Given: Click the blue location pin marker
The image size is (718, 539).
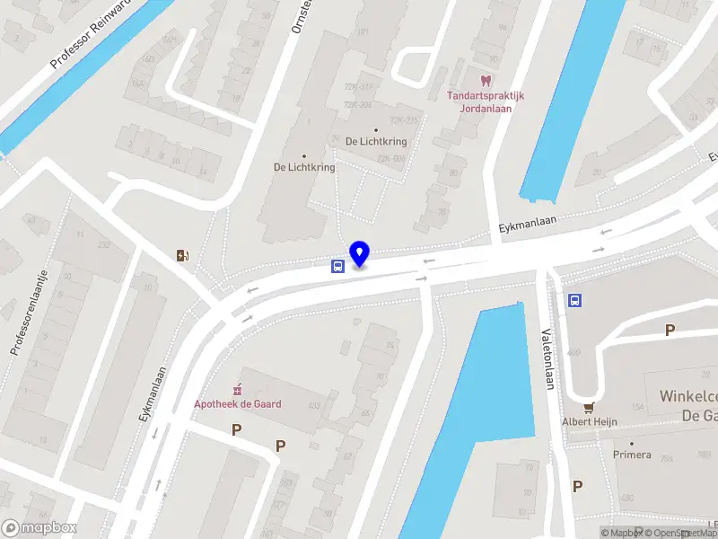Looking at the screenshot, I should (x=360, y=254).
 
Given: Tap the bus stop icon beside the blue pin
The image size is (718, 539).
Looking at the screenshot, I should (x=337, y=266).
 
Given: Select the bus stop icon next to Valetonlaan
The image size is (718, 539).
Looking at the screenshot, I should (x=574, y=301).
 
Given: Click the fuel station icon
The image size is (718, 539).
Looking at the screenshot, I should (x=183, y=255).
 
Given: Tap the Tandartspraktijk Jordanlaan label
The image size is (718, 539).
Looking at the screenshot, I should (x=486, y=102).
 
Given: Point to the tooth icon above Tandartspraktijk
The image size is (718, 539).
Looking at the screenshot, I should (x=486, y=80).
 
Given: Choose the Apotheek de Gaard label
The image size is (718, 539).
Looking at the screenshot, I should (x=238, y=404).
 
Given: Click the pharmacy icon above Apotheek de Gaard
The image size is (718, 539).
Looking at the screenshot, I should (x=238, y=389).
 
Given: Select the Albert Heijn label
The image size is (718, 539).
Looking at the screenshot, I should (x=590, y=422).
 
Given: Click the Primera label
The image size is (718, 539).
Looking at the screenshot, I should (x=632, y=455).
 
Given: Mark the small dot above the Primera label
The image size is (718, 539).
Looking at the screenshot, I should (x=632, y=442).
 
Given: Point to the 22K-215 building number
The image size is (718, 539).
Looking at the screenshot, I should (x=403, y=120).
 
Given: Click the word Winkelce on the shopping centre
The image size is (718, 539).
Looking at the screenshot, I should (x=687, y=396).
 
